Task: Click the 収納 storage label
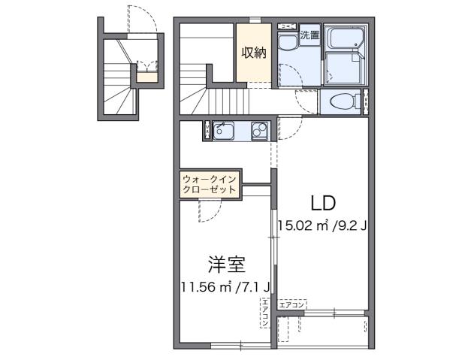point(253,53)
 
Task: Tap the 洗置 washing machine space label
point(309,35)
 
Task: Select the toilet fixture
point(340,101)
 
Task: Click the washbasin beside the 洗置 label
point(287,43)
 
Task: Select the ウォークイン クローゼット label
point(210,184)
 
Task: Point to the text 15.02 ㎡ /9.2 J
point(321,225)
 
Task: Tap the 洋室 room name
point(226,265)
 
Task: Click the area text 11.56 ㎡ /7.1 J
point(226,286)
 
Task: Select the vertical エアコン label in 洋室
point(265,313)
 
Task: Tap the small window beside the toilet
point(367,101)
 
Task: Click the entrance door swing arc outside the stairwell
point(145,19)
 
